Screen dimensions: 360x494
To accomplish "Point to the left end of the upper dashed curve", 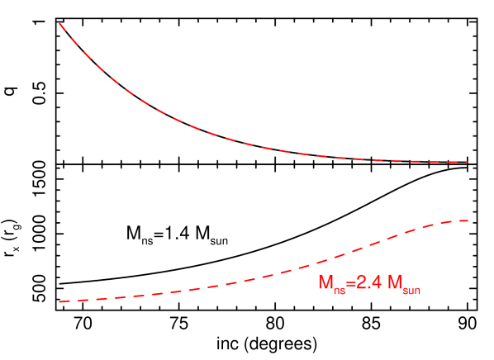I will pos(59,23).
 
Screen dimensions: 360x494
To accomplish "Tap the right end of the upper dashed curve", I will pos(468,162).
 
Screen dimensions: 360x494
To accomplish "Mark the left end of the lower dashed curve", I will pos(59,302).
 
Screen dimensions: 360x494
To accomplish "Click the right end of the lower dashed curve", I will pos(468,220).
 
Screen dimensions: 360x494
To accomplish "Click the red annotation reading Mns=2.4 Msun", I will pos(369,283).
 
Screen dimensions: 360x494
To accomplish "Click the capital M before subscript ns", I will pos(325,282).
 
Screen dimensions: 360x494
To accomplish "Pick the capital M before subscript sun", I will pos(395,282).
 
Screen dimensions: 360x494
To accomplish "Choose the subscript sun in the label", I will pos(411,288).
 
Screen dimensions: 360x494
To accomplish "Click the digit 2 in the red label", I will pos(359,282).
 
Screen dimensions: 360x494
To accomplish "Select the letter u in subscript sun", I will pos(411,288).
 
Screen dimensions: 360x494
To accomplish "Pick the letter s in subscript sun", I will pos(405,288).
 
